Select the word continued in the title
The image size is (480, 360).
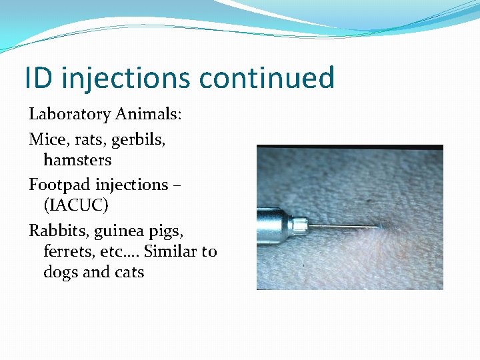click(x=267, y=78)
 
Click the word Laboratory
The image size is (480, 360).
click(x=69, y=115)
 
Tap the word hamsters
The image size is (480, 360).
click(x=77, y=160)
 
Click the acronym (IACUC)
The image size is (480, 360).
click(x=75, y=205)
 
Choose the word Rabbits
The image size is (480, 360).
click(x=59, y=231)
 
